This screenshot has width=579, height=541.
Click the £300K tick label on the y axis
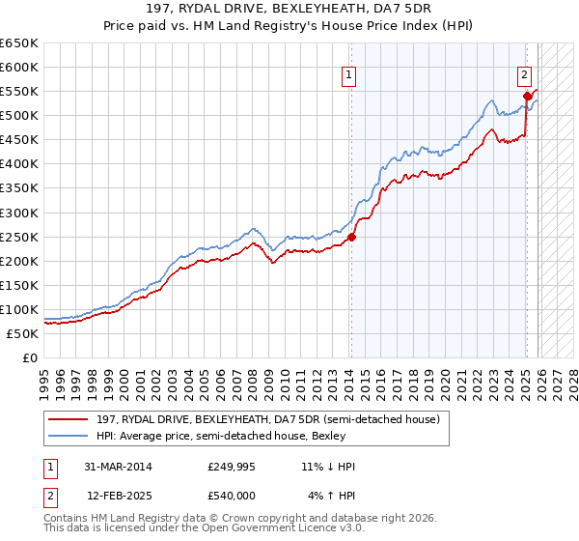(x=19, y=213)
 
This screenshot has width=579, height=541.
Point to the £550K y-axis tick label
(x=19, y=92)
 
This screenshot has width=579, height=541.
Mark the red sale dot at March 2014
(x=351, y=237)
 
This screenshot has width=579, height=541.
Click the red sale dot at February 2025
(x=527, y=96)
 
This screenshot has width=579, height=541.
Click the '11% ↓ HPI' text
(x=328, y=467)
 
